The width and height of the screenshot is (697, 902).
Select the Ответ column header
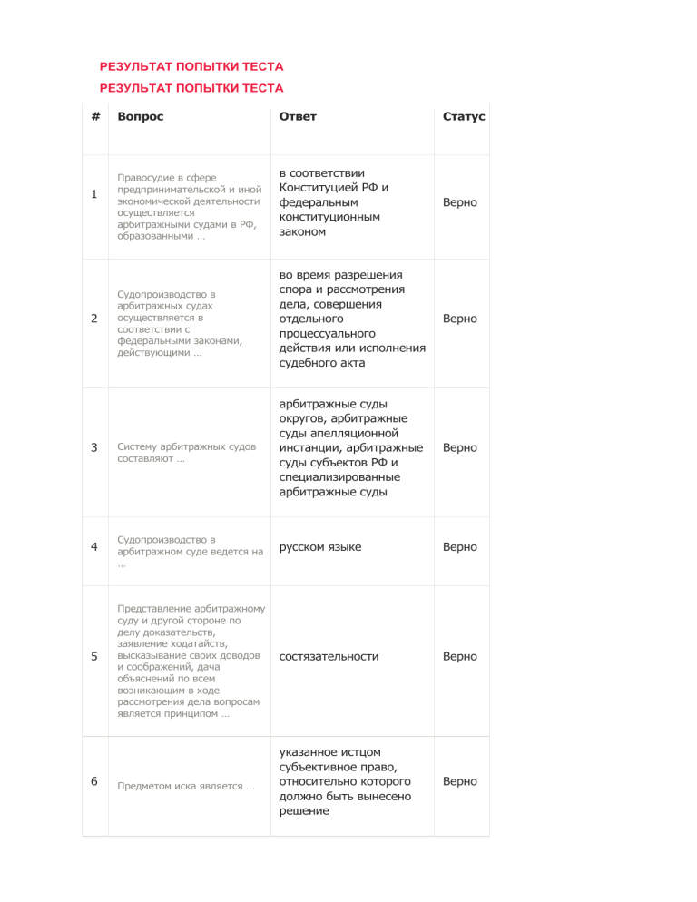click(298, 117)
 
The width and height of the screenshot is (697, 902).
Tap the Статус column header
click(464, 117)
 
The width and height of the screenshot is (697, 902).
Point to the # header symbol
click(94, 117)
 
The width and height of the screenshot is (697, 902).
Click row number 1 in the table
click(94, 195)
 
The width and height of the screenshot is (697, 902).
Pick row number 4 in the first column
click(94, 547)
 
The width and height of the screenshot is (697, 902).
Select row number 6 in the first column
click(94, 781)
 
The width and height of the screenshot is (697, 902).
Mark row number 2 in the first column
click(94, 319)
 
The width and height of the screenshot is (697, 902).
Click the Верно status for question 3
click(459, 447)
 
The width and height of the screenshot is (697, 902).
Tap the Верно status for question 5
click(459, 656)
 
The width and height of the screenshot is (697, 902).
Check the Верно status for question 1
click(459, 202)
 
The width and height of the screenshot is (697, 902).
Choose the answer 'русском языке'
click(320, 547)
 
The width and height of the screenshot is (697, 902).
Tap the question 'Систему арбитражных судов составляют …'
click(186, 452)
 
